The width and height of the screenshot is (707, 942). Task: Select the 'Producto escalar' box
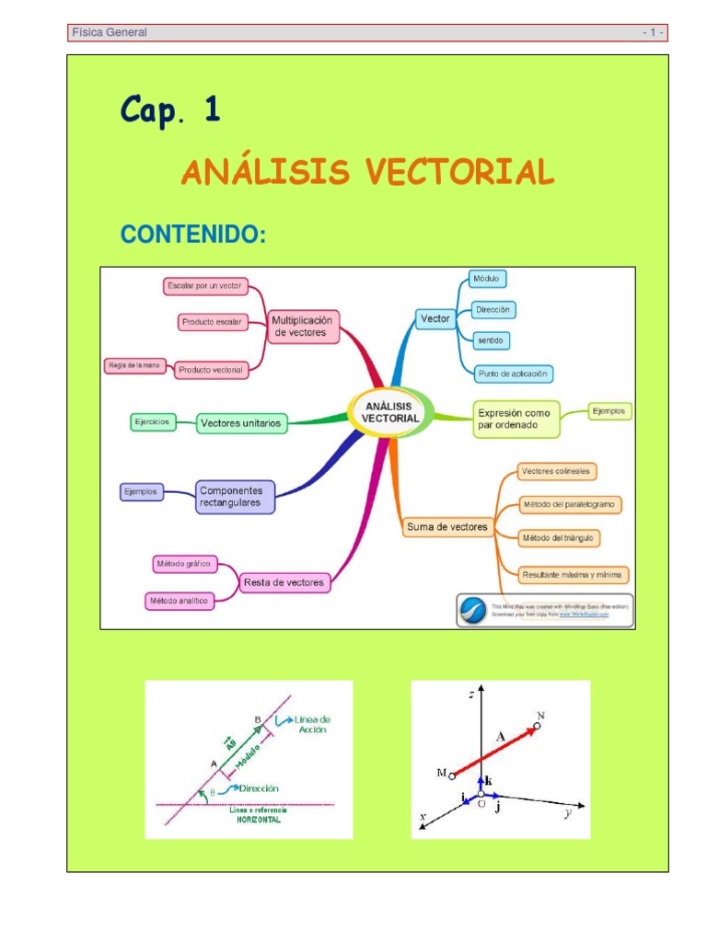point(213,322)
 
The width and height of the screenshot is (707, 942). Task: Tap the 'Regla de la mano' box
point(134,365)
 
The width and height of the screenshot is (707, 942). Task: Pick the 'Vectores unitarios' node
point(241,423)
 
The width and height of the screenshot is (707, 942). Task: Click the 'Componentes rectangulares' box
point(235,497)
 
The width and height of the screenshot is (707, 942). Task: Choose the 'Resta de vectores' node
point(284,581)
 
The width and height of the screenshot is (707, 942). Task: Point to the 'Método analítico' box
point(179,601)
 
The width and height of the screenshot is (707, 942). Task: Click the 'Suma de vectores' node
point(447,527)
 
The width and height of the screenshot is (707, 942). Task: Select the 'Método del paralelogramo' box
point(571,504)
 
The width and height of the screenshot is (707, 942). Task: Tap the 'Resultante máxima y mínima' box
point(573,575)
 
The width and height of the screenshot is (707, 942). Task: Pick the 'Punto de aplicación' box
point(513,373)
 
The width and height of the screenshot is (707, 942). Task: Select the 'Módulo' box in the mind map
point(487,278)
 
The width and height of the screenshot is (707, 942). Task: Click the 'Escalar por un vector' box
point(205,286)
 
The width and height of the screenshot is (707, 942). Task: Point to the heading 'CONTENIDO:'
point(193,235)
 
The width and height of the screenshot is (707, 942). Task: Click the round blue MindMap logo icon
point(473,611)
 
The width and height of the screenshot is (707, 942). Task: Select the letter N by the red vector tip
point(541,715)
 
